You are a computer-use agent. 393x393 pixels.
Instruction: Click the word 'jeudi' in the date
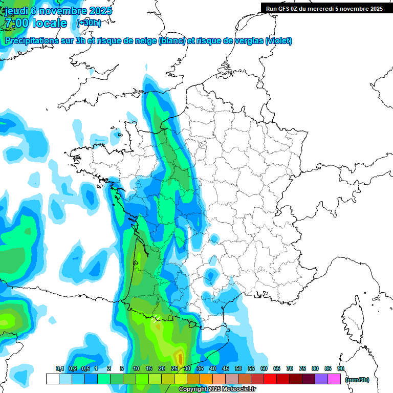coord(16,11)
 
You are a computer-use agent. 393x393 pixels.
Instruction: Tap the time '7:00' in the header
coord(17,23)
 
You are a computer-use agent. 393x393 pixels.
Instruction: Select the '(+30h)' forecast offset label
coord(89,23)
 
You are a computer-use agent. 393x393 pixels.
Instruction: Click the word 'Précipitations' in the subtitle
coord(31,40)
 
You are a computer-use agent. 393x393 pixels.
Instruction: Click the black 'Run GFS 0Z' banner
coord(324,8)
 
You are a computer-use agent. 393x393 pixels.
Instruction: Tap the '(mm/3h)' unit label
coord(357,379)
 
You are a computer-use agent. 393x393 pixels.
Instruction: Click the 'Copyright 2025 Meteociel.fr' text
coord(217,389)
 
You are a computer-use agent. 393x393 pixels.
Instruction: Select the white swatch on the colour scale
coord(52,379)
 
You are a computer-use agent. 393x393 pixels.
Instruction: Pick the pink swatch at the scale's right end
coord(334,379)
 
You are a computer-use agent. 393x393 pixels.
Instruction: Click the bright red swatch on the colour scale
coord(270,379)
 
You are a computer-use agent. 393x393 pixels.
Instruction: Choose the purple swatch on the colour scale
coord(321,379)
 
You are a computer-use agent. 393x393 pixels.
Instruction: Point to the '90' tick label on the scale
coord(341,368)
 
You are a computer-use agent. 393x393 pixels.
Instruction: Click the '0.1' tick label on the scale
coord(59,368)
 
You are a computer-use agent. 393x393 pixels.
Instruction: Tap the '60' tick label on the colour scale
coord(264,368)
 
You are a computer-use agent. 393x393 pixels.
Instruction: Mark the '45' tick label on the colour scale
coord(226,368)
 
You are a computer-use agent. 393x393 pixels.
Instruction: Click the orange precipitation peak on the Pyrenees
coord(179,356)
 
